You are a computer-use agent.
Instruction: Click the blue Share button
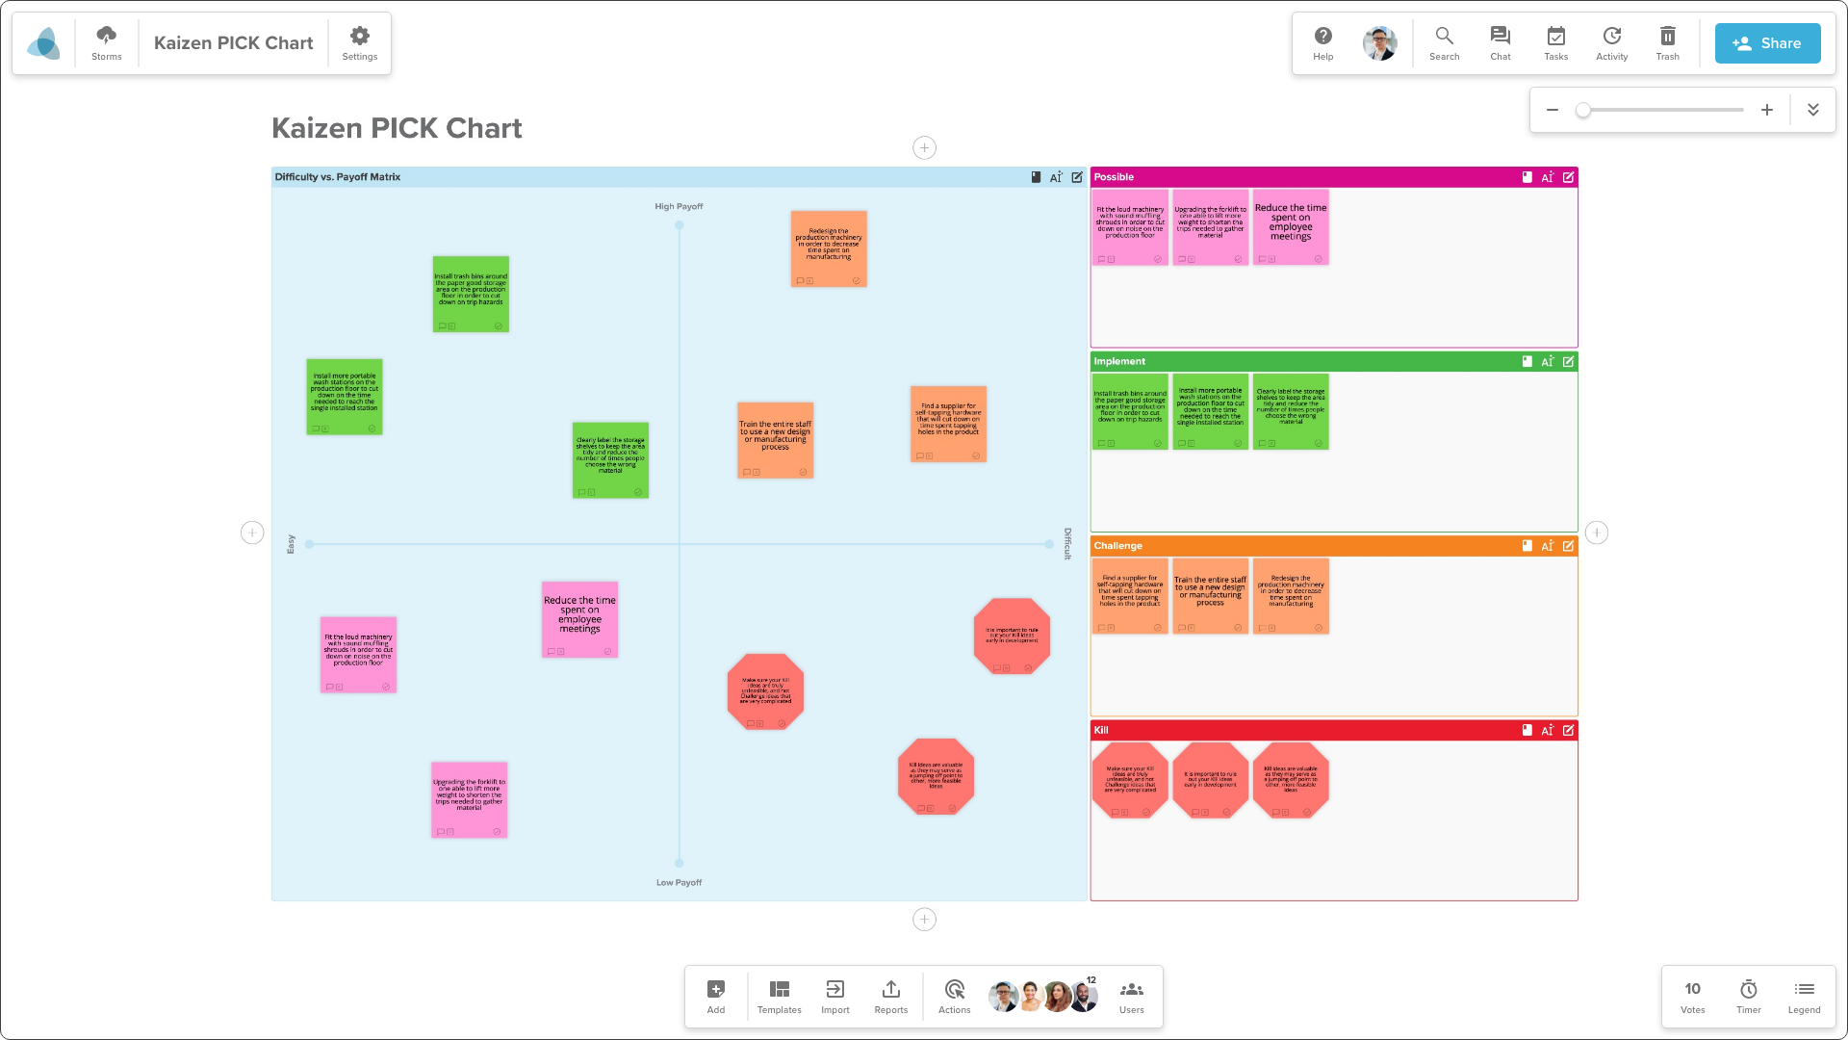coord(1767,43)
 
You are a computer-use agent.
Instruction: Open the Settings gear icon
coord(360,42)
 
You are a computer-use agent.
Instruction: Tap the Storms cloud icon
coord(107,42)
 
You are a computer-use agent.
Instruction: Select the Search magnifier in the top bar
coord(1444,42)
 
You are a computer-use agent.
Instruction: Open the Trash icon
coord(1667,42)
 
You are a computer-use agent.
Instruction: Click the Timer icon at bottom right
coord(1748,996)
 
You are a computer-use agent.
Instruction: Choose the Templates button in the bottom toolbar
coord(779,996)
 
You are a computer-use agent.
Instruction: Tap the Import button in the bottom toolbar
coord(834,996)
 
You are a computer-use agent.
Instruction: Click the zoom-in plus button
coord(1767,110)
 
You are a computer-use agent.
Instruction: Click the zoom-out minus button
coord(1553,110)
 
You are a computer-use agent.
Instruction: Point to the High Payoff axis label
coord(679,206)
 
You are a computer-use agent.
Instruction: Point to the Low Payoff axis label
coord(679,882)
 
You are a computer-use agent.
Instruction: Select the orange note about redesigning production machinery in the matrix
coord(829,247)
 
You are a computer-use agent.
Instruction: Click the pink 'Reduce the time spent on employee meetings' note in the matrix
coord(579,618)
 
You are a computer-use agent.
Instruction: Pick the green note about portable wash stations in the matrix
coord(345,396)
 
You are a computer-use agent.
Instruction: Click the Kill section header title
coord(1101,730)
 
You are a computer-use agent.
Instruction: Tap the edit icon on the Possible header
coord(1569,177)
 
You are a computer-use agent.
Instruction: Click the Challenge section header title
coord(1117,546)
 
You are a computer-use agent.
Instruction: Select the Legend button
coord(1804,996)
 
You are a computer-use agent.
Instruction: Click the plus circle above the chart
coord(924,147)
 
